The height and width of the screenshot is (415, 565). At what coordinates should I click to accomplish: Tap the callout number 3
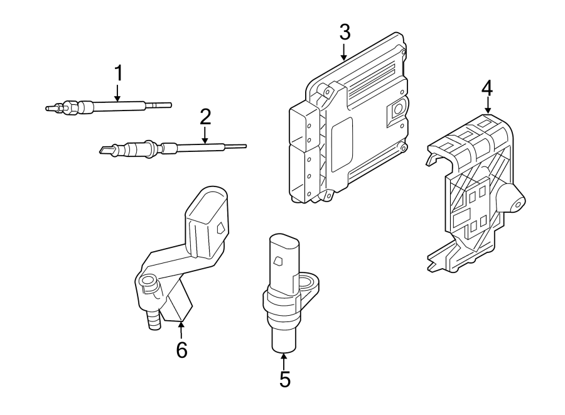click(344, 32)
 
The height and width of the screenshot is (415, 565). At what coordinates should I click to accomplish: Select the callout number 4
click(487, 87)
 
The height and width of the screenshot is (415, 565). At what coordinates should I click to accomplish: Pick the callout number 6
click(181, 350)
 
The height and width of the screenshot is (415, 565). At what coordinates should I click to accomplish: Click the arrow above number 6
click(181, 329)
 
